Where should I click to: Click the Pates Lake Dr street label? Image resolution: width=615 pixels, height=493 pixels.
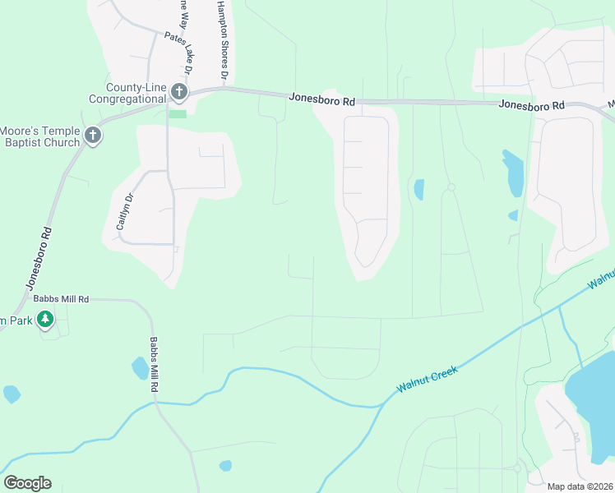[x=178, y=54]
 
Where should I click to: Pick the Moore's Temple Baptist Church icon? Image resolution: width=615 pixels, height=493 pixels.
[x=93, y=136]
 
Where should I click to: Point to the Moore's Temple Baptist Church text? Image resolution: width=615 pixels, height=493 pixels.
[x=40, y=136]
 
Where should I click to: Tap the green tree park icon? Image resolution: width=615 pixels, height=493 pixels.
[x=47, y=319]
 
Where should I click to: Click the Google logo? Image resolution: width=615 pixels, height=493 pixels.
[x=27, y=483]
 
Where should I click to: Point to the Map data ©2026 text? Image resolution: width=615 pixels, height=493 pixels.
[x=579, y=486]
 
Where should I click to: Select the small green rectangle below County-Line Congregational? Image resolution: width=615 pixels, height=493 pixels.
[x=178, y=113]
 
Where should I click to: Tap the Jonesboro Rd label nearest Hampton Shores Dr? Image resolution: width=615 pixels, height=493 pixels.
[x=321, y=99]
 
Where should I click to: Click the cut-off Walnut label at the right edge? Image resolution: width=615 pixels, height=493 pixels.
[x=601, y=274]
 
